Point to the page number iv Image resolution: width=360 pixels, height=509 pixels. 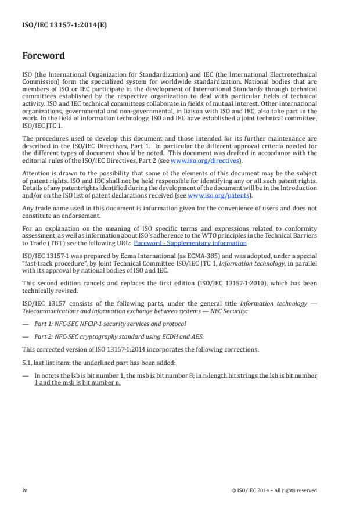coord(24,490)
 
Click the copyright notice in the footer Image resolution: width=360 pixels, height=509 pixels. coord(273,490)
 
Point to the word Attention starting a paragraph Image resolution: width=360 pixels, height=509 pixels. coord(33,173)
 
